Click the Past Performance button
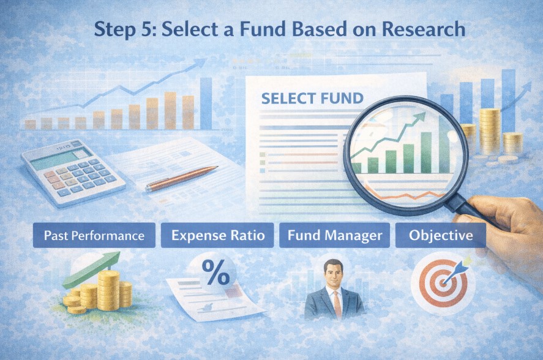(x=94, y=236)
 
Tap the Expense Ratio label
(x=217, y=236)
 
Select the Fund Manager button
(x=334, y=236)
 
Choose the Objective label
(x=440, y=236)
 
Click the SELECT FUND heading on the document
(x=312, y=98)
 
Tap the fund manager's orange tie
(x=337, y=304)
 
